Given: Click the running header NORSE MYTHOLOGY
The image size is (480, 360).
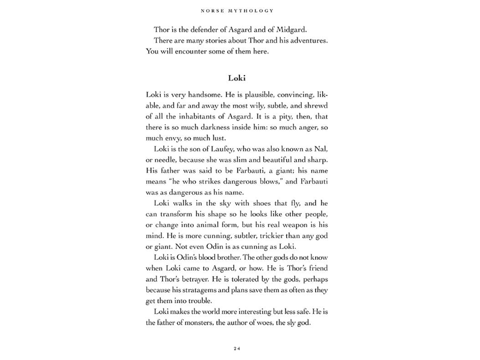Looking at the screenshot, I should tap(239, 10).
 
